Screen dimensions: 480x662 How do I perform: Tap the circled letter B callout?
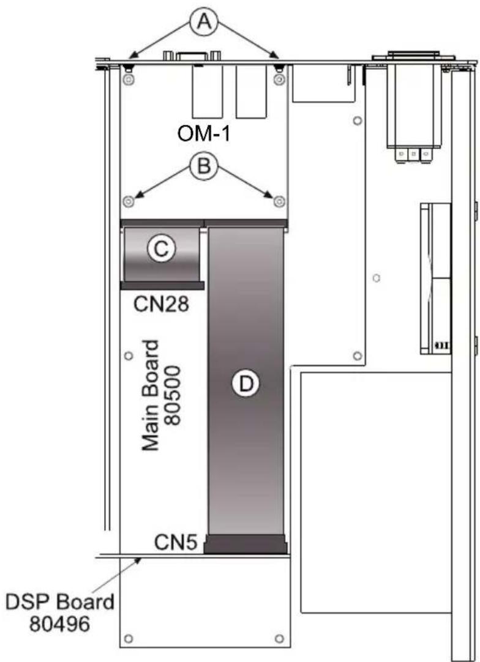point(204,165)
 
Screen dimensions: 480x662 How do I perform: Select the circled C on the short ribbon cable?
point(161,249)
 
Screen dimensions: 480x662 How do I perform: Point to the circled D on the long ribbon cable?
point(246,384)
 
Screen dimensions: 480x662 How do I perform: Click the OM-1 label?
point(204,134)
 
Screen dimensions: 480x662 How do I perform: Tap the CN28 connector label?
point(161,303)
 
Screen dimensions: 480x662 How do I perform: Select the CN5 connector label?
point(176,542)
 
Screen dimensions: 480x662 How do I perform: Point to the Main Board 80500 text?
point(162,395)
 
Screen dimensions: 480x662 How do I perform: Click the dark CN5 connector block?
point(246,544)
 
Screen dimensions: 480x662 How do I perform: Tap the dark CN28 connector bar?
point(162,286)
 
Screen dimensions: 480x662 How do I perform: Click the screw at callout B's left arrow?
point(129,202)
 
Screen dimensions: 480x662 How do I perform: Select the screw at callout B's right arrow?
point(279,202)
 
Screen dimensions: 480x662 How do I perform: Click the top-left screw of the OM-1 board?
point(129,79)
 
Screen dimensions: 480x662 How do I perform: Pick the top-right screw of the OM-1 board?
point(279,79)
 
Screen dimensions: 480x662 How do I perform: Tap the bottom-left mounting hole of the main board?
point(129,638)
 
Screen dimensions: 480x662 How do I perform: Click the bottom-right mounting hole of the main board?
point(279,638)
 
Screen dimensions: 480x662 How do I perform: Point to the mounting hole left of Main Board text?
point(129,356)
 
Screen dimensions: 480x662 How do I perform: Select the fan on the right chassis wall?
point(436,278)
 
